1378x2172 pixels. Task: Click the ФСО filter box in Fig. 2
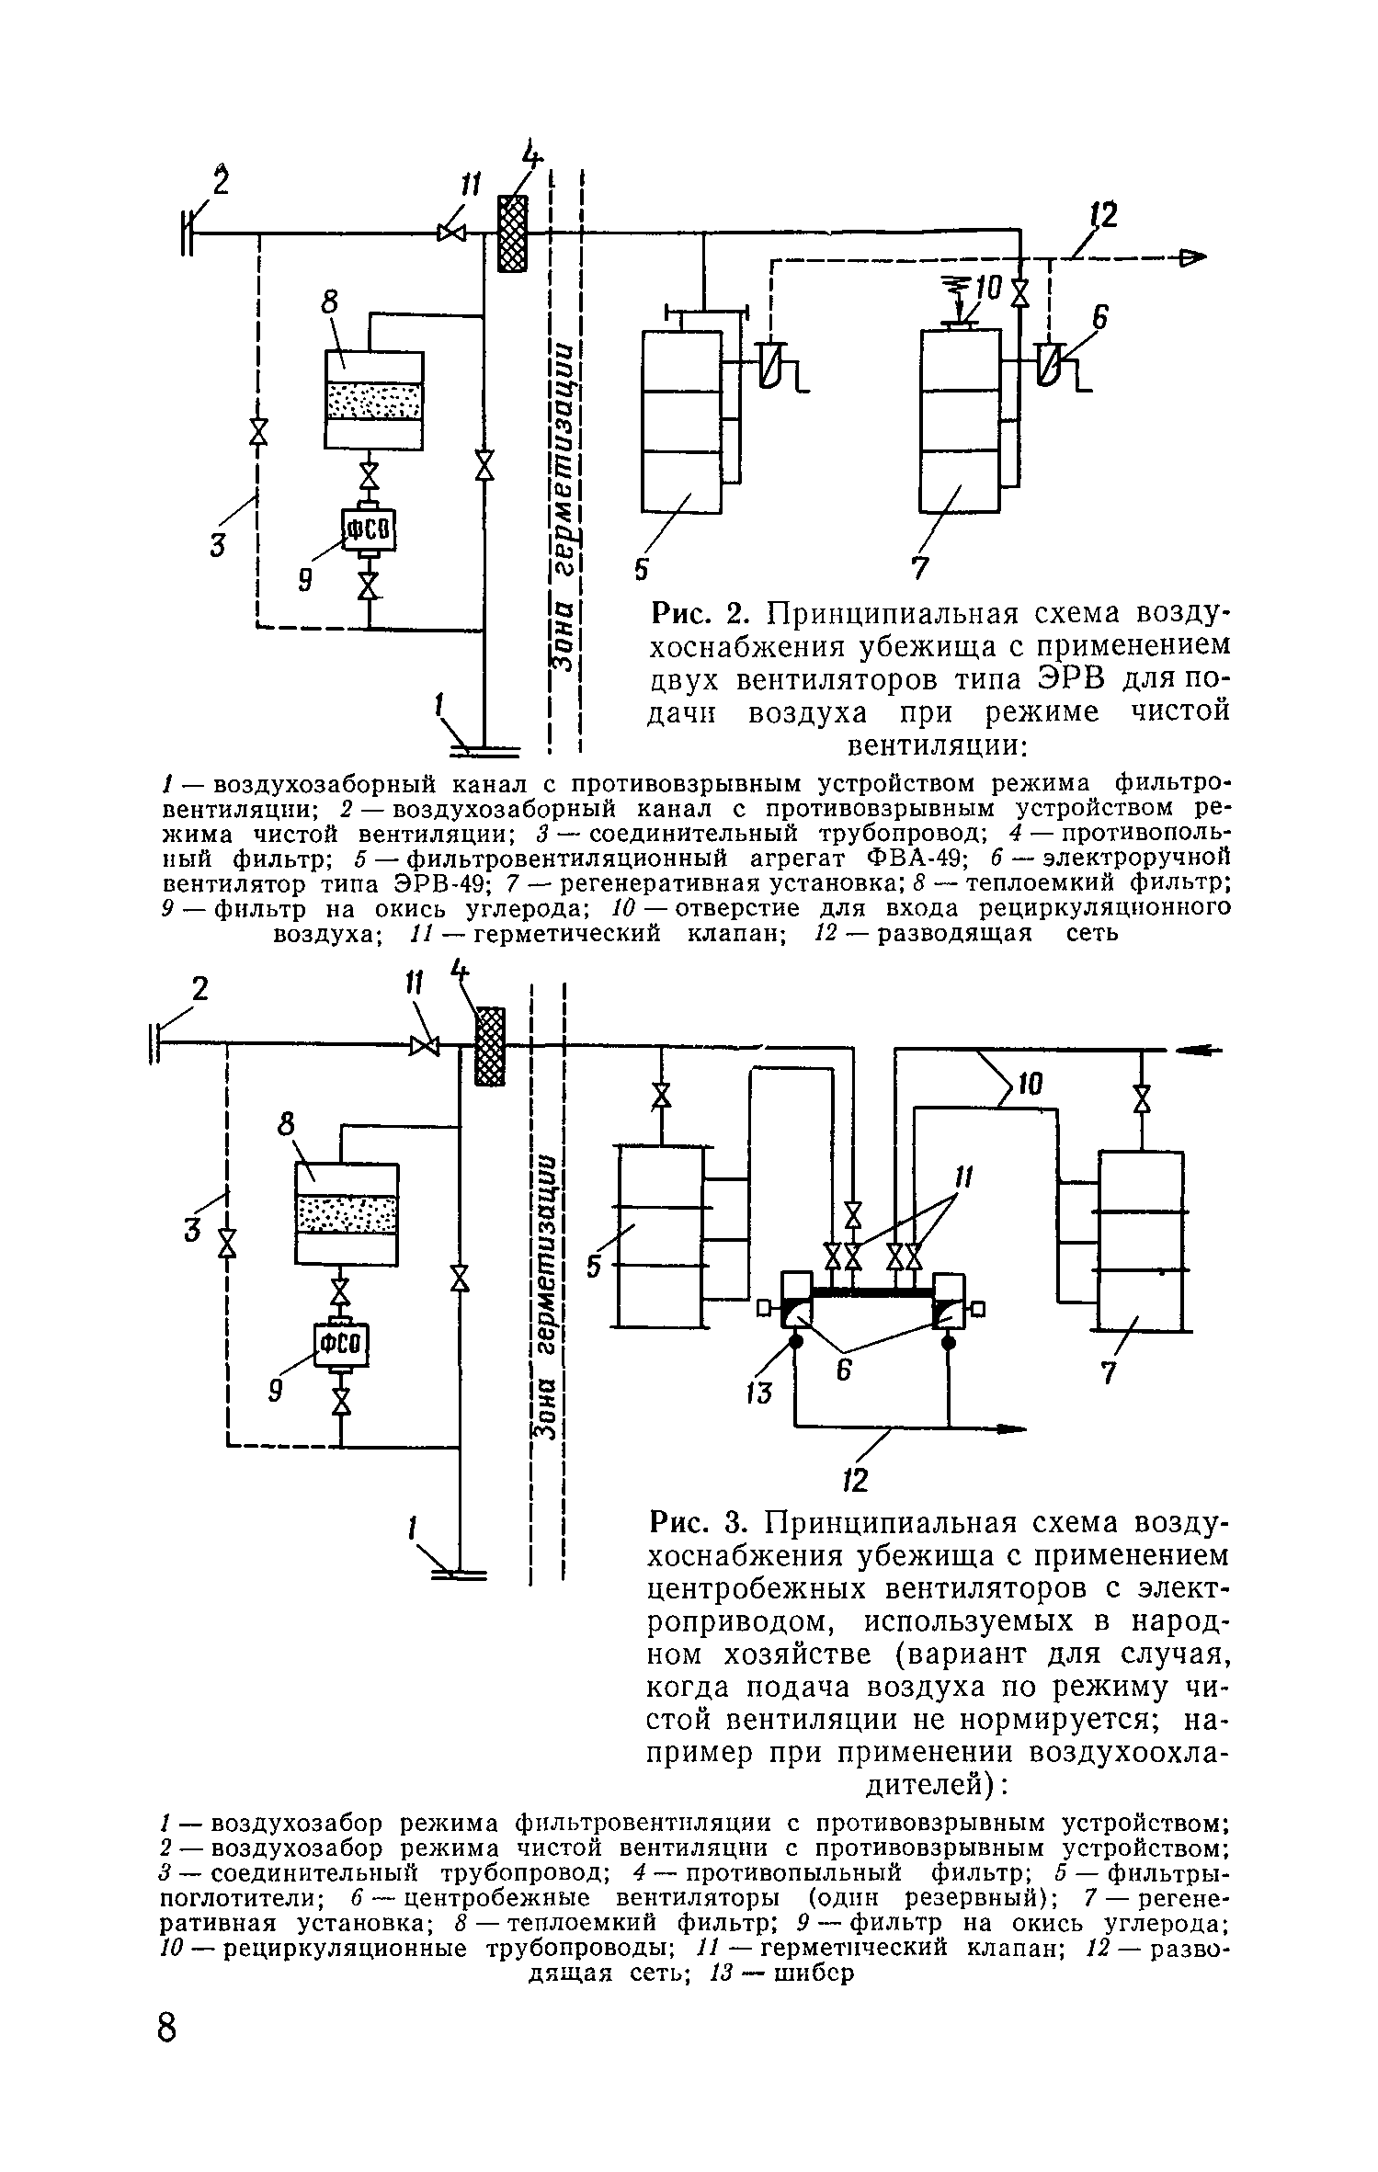click(369, 530)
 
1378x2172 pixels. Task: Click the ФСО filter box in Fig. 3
click(341, 1347)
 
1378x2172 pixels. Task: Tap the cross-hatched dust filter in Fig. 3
click(491, 1046)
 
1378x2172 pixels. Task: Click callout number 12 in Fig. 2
click(1102, 217)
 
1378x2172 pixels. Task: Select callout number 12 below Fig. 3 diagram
click(856, 1480)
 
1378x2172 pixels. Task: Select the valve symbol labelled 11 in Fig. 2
click(451, 233)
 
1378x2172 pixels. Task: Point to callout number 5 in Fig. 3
click(596, 1267)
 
